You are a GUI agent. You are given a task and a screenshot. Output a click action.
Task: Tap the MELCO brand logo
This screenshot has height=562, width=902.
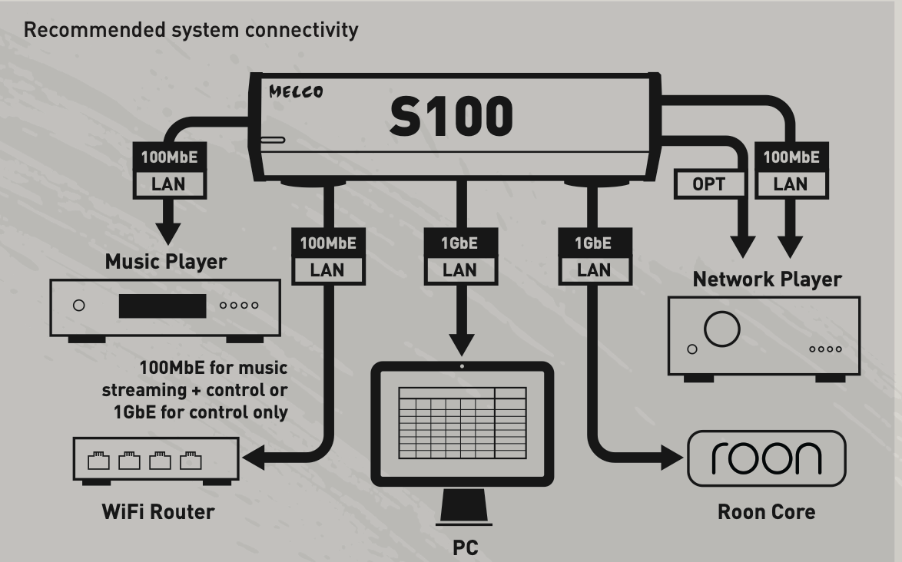296,92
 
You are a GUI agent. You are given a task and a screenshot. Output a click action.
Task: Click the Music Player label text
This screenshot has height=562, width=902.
166,262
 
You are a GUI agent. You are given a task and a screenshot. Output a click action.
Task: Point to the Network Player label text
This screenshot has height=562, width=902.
767,279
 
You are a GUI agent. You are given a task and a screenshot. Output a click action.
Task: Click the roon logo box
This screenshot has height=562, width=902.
765,458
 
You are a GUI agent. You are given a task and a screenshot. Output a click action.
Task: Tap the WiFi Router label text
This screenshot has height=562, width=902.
158,511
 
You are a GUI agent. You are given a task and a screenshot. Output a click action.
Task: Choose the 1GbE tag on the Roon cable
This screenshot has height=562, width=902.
593,244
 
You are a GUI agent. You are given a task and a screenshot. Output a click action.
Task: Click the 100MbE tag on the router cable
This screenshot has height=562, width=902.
329,244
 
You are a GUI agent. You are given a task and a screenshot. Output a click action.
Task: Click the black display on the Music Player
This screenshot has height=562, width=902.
162,305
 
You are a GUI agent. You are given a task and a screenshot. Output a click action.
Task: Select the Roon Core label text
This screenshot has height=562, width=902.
766,511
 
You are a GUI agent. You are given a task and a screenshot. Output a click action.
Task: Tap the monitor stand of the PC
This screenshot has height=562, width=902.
463,510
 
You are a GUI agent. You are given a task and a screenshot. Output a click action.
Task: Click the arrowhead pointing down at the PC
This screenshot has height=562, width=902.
462,342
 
